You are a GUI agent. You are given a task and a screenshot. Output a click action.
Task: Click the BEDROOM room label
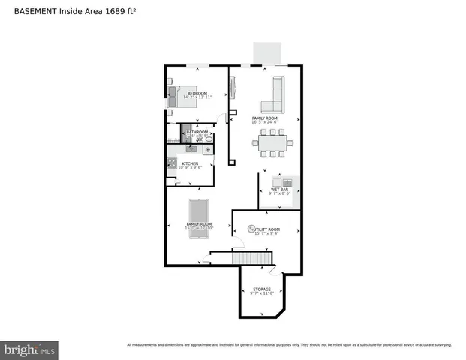[197, 93]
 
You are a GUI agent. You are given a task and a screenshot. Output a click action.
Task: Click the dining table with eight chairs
[272, 142]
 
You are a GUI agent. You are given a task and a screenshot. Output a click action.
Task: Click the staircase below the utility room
[251, 259]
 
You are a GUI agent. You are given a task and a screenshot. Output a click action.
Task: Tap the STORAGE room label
[261, 289]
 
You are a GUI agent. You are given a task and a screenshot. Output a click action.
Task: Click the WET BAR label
[279, 190]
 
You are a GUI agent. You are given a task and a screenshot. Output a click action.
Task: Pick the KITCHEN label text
[190, 163]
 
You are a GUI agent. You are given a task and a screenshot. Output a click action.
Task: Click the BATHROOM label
[197, 132]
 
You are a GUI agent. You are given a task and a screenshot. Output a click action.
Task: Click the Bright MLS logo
[29, 349]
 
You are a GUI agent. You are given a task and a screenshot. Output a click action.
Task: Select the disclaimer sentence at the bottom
[289, 345]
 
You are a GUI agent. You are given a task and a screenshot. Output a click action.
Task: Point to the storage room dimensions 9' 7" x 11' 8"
[261, 293]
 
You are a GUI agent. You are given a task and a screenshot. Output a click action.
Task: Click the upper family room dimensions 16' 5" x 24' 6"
[264, 122]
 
